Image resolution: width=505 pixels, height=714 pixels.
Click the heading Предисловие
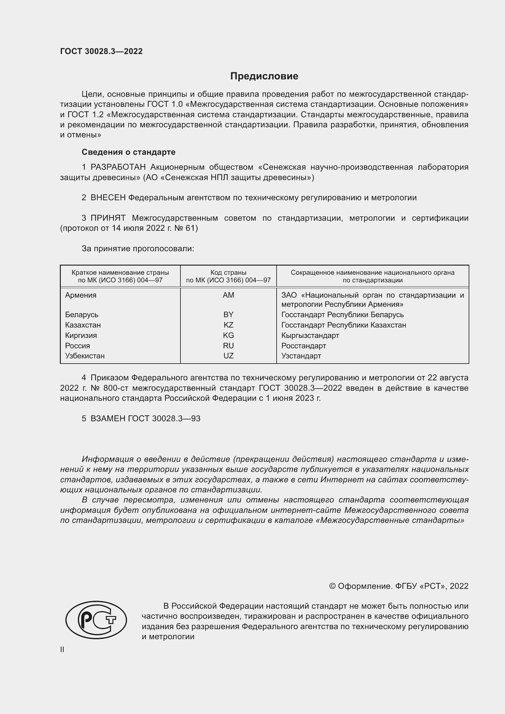[264, 76]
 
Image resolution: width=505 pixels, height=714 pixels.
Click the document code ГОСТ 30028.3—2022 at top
[101, 51]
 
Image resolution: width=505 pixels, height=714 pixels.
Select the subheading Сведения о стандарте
[129, 152]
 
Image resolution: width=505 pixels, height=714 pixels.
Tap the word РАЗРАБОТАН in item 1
[118, 167]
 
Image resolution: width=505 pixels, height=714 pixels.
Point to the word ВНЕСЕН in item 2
[108, 198]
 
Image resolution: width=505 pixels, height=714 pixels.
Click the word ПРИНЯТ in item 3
[108, 218]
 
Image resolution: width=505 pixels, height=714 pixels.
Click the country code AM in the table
[228, 295]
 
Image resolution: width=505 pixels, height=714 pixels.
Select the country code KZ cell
[228, 325]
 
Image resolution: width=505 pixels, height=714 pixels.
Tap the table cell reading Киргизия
[81, 335]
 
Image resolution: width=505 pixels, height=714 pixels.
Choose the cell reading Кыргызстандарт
[310, 335]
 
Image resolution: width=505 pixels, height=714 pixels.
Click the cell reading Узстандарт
[301, 356]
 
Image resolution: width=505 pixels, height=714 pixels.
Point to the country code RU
[228, 346]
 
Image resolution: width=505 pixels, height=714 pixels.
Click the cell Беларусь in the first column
[82, 315]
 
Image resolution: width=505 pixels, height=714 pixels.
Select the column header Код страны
[228, 273]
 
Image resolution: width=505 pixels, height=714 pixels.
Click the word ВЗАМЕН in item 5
[108, 419]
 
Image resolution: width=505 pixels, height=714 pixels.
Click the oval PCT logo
[96, 620]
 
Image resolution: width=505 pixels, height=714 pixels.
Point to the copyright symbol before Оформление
[332, 586]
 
